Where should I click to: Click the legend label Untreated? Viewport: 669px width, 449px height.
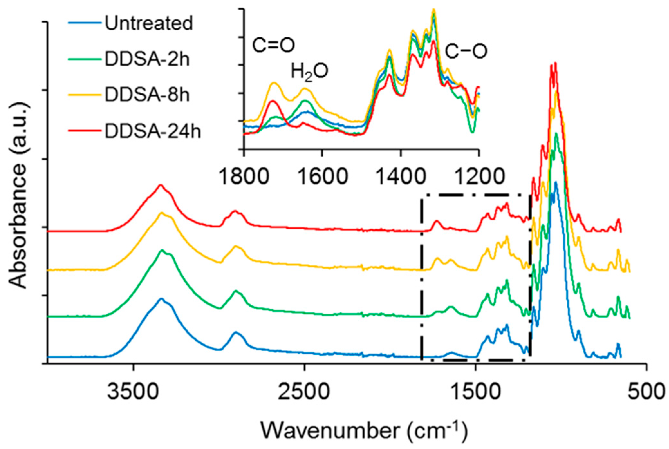[x=149, y=24]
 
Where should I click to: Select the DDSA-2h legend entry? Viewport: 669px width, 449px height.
[x=147, y=60]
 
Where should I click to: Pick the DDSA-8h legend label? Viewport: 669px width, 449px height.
[x=147, y=95]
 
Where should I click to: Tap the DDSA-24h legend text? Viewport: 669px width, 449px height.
[x=153, y=131]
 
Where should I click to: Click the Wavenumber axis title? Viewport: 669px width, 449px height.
[x=364, y=430]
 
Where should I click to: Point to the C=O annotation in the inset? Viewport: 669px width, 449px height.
[x=273, y=45]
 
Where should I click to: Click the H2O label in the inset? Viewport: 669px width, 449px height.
[x=309, y=71]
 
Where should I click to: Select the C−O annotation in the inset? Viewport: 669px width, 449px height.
[x=466, y=51]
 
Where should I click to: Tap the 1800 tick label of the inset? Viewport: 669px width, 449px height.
[x=244, y=177]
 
